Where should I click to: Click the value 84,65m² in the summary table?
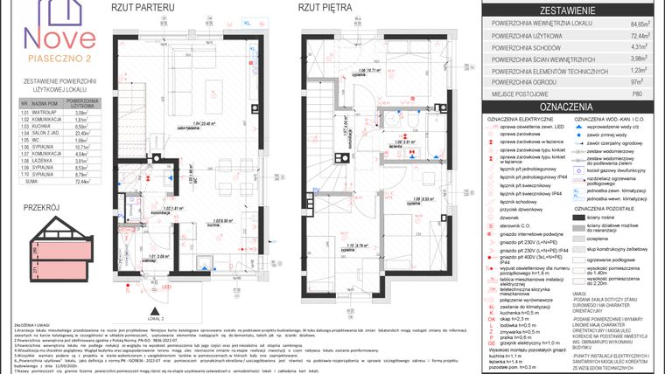click(x=643, y=25)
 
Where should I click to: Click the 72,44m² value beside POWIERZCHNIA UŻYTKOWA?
click(x=643, y=37)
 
